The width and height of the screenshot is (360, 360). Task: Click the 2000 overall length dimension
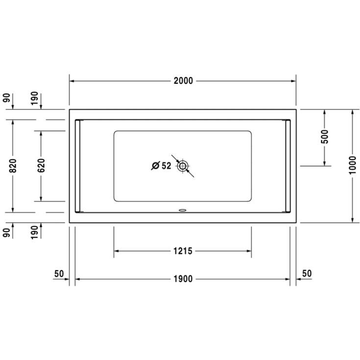click(x=183, y=81)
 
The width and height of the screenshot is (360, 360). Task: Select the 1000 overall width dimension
click(x=353, y=166)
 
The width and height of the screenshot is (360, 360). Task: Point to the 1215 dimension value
click(x=182, y=251)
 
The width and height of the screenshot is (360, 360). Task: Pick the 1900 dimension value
click(x=182, y=279)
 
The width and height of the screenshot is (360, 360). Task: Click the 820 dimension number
click(x=13, y=166)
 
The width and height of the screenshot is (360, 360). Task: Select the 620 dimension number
click(x=41, y=166)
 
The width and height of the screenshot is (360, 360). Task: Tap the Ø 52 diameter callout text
click(x=162, y=166)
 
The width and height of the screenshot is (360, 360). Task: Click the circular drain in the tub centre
click(x=183, y=166)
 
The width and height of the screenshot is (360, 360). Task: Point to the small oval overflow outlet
click(x=183, y=211)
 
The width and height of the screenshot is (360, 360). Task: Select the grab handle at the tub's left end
click(x=78, y=166)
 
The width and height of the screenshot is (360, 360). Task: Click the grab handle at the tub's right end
click(x=288, y=166)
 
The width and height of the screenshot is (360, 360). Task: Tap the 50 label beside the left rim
click(x=59, y=273)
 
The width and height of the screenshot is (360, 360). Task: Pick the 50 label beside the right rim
click(x=307, y=273)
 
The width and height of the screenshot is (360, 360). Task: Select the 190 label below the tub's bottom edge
click(x=35, y=231)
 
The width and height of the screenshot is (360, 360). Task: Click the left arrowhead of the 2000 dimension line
click(x=72, y=81)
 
